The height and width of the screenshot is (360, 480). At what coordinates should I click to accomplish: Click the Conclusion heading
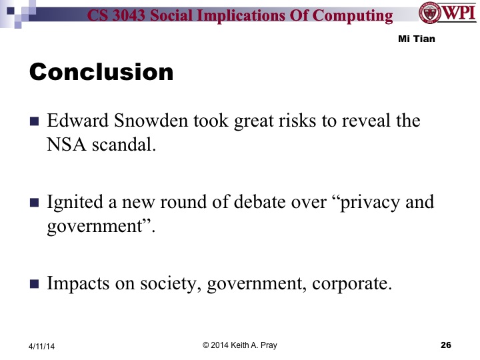pyautogui.click(x=101, y=71)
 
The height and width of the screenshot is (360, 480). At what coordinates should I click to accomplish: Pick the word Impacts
pyautogui.click(x=75, y=283)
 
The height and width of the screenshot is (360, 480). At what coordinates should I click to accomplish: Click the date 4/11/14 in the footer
pyautogui.click(x=42, y=345)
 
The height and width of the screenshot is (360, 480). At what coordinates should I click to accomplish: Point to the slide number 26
pyautogui.click(x=446, y=345)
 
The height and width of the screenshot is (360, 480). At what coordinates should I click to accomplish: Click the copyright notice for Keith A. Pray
pyautogui.click(x=239, y=344)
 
